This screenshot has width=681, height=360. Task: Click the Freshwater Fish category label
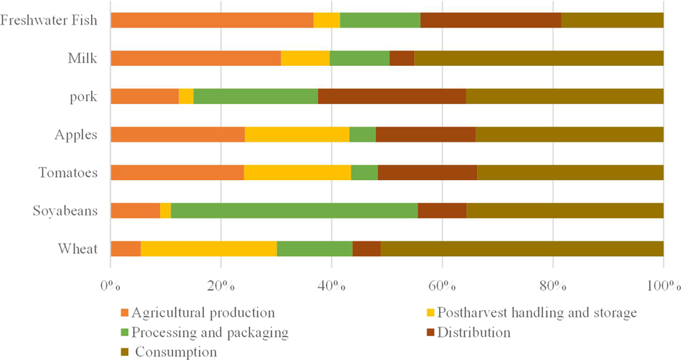pos(48,20)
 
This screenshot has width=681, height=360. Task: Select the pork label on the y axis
pos(83,96)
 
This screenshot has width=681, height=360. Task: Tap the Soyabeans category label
pos(65,210)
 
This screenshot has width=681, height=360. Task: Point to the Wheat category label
pos(77,249)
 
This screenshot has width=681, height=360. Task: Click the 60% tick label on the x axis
pos(442,284)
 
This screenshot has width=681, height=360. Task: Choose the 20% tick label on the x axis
pos(220,284)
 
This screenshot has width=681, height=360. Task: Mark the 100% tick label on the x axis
pos(663,284)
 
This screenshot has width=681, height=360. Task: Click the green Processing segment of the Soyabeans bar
pos(294,210)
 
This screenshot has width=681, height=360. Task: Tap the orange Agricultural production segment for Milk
pos(195,58)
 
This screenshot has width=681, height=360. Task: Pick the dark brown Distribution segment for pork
pos(391,96)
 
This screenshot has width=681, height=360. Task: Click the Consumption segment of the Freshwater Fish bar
pos(612,20)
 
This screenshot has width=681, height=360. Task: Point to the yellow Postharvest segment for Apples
pos(296,134)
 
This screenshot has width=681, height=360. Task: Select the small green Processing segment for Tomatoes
pos(364,172)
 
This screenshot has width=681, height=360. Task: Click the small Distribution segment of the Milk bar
pos(401,58)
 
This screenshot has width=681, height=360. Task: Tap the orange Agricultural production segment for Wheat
pos(125,249)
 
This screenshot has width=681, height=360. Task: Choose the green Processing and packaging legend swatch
pos(124,333)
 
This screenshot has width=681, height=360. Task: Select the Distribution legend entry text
pos(475,333)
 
